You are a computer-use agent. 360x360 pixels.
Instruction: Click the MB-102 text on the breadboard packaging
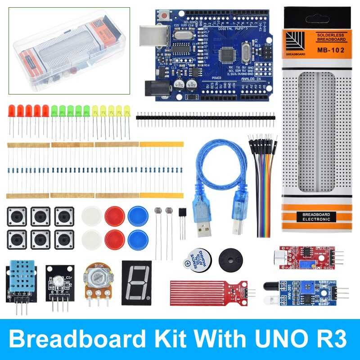[330, 50]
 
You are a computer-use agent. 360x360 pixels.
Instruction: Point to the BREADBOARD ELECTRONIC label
[316, 216]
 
